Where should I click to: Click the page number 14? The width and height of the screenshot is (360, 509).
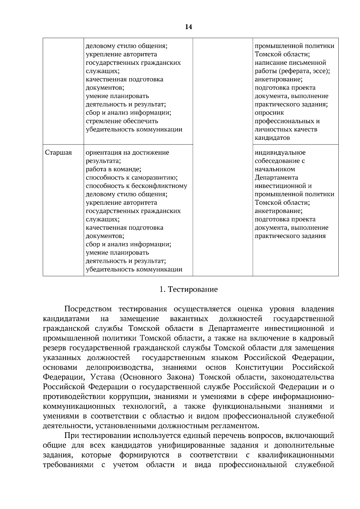pyautogui.click(x=188, y=27)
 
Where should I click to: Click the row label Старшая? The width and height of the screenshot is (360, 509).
pyautogui.click(x=58, y=153)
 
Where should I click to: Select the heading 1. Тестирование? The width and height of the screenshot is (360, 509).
pyautogui.click(x=188, y=290)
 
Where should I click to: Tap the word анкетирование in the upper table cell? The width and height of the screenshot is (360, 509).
pyautogui.click(x=278, y=79)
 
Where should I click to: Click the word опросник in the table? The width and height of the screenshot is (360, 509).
pyautogui.click(x=269, y=113)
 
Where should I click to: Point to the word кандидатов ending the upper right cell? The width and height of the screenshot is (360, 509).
pyautogui.click(x=272, y=138)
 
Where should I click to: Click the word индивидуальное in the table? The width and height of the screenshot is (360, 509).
pyautogui.click(x=280, y=153)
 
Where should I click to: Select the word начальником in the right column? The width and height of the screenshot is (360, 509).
pyautogui.click(x=275, y=169)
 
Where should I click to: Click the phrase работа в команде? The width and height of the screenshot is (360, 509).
pyautogui.click(x=113, y=169)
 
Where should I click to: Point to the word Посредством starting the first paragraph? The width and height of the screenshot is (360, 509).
pyautogui.click(x=88, y=309)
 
